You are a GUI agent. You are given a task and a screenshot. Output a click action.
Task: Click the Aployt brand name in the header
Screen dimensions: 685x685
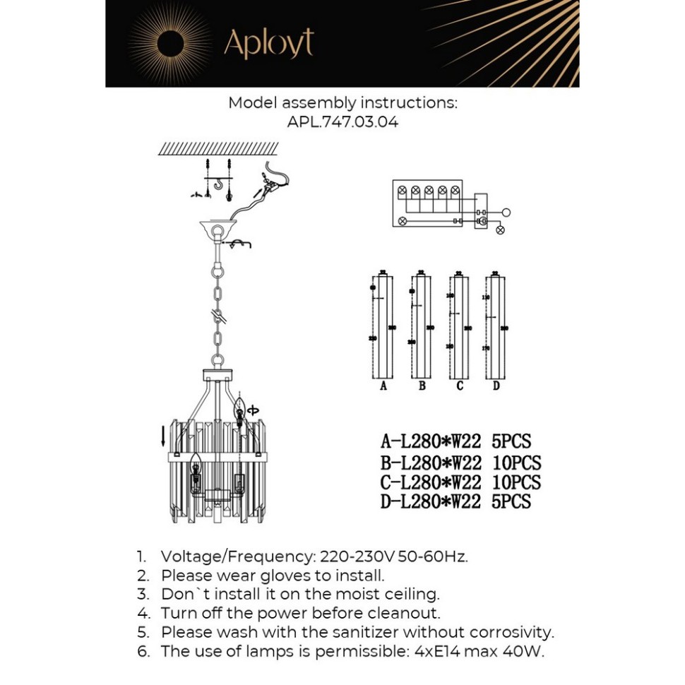(x=268, y=43)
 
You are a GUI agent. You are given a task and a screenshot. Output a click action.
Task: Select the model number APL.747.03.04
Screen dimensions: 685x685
(x=342, y=121)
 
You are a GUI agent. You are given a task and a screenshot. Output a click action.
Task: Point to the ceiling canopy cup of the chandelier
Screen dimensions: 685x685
(x=218, y=232)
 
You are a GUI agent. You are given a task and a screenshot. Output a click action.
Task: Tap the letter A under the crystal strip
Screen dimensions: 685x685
(x=383, y=386)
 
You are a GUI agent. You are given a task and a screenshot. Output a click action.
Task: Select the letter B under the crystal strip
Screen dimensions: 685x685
(x=422, y=386)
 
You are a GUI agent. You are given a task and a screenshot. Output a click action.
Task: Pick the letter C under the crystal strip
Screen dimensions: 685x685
(x=460, y=386)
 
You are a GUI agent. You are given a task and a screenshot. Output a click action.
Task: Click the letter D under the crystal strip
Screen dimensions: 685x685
(x=496, y=386)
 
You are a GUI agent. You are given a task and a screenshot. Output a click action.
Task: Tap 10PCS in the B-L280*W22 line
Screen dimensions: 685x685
(x=516, y=463)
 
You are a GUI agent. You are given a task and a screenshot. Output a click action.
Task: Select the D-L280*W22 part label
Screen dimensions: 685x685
(x=431, y=502)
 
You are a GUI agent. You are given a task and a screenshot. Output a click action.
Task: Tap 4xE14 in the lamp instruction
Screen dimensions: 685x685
(x=431, y=651)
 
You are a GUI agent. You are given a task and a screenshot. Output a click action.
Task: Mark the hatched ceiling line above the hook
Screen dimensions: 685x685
(x=218, y=148)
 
